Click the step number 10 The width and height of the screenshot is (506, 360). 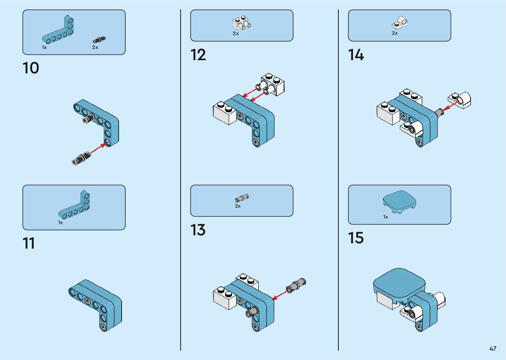pyautogui.click(x=31, y=68)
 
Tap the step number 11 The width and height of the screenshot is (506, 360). pyautogui.click(x=29, y=243)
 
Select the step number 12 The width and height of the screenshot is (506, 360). pyautogui.click(x=198, y=55)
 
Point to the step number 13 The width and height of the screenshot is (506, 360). pyautogui.click(x=198, y=230)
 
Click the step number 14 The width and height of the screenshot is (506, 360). pyautogui.click(x=356, y=55)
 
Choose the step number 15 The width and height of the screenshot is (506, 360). pyautogui.click(x=356, y=238)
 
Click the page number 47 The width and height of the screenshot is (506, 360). pyautogui.click(x=493, y=348)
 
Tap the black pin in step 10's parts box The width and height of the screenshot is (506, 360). pyautogui.click(x=99, y=40)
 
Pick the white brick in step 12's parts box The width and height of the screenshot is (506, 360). pyautogui.click(x=242, y=23)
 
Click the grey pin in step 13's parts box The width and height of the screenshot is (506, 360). pyautogui.click(x=242, y=198)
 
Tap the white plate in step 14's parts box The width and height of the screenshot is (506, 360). pyautogui.click(x=401, y=23)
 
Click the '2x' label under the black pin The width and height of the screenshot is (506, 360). pyautogui.click(x=95, y=47)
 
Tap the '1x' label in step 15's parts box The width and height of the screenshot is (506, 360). pyautogui.click(x=386, y=217)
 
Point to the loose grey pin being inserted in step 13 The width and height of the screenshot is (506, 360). pyautogui.click(x=296, y=284)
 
